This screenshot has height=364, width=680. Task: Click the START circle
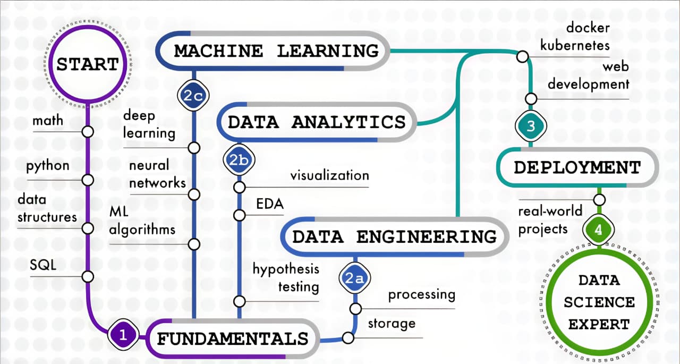pyautogui.click(x=88, y=64)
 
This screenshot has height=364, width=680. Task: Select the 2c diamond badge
pyautogui.click(x=191, y=96)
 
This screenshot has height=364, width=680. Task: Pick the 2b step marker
pyautogui.click(x=239, y=160)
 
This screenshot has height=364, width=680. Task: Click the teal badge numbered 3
pyautogui.click(x=531, y=126)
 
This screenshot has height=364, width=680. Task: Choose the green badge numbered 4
pyautogui.click(x=599, y=230)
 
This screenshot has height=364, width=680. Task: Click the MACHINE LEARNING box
pyautogui.click(x=277, y=51)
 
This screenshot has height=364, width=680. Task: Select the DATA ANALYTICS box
pyautogui.click(x=317, y=122)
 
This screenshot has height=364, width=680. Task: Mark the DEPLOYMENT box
pyautogui.click(x=577, y=167)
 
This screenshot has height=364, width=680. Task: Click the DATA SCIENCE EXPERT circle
pyautogui.click(x=599, y=302)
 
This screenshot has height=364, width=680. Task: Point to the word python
pyautogui.click(x=48, y=166)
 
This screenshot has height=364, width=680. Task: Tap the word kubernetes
pyautogui.click(x=575, y=45)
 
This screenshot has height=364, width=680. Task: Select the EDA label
pyautogui.click(x=270, y=204)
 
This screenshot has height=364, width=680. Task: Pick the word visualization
pyautogui.click(x=329, y=175)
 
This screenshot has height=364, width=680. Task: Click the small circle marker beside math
pyautogui.click(x=88, y=131)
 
